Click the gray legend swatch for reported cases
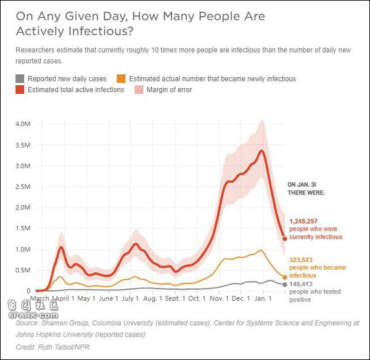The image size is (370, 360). click(20, 78)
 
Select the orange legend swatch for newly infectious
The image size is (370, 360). click(121, 78)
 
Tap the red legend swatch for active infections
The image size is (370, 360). click(20, 90)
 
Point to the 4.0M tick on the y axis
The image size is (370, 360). click(22, 124)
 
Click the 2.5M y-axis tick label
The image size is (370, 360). click(22, 186)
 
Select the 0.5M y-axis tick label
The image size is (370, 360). click(22, 270)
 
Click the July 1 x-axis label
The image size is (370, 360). click(130, 298)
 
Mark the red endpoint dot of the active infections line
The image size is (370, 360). click(285, 238)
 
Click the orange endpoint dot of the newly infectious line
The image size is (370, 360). click(285, 277)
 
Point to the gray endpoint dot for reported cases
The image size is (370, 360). click(285, 285)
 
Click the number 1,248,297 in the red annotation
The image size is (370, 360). click(306, 221)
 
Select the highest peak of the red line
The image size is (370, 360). click(262, 150)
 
